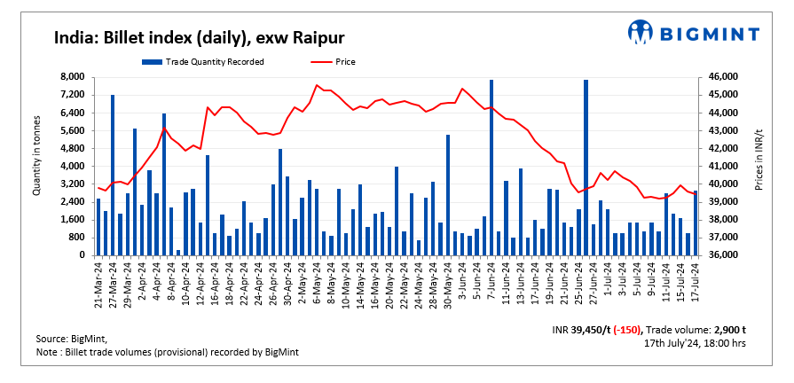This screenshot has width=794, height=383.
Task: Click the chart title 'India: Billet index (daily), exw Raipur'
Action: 199,37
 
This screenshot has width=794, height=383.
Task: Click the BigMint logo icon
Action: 641,32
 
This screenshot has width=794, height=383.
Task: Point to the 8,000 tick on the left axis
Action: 72,78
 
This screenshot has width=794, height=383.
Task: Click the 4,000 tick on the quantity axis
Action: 72,167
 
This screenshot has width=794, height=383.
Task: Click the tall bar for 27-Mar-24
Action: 113,175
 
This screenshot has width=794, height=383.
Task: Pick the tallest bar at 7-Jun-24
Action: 491,168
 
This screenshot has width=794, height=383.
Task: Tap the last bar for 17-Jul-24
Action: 695,223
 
